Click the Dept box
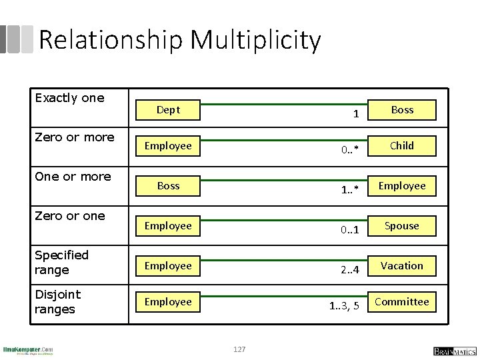point(168,110)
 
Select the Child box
point(402,145)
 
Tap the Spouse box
point(402,225)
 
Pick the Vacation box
point(402,265)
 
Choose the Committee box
point(402,301)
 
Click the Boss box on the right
point(402,110)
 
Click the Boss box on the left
point(168,186)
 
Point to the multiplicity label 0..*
point(349,149)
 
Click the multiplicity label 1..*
point(349,190)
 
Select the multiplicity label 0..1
point(349,230)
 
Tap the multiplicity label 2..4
point(349,270)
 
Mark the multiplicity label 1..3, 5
point(344,306)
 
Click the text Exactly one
point(69,98)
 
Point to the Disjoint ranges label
point(57,301)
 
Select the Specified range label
point(61,262)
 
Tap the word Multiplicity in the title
point(255,41)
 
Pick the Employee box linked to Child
point(168,145)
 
